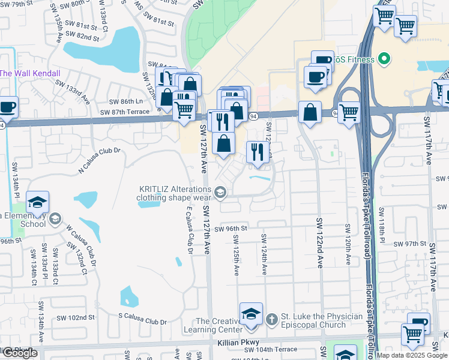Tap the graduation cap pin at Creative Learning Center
pyautogui.click(x=251, y=315)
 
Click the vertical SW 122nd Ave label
pyautogui.click(x=319, y=243)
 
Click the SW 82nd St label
pyautogui.click(x=83, y=37)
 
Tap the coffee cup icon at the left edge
pyautogui.click(x=8, y=107)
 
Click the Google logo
pyautogui.click(x=20, y=353)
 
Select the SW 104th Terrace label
pyautogui.click(x=276, y=349)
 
